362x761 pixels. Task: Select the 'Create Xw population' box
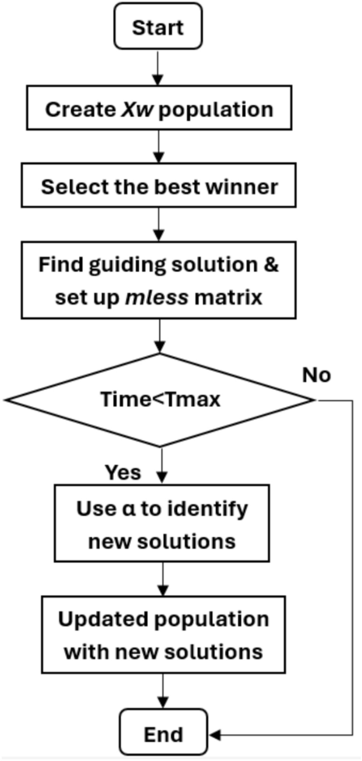(x=159, y=109)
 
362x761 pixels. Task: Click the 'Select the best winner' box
(x=159, y=186)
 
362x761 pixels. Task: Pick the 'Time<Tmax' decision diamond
(x=159, y=400)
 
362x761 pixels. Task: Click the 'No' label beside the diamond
(x=317, y=375)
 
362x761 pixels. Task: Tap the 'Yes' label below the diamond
(x=123, y=472)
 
